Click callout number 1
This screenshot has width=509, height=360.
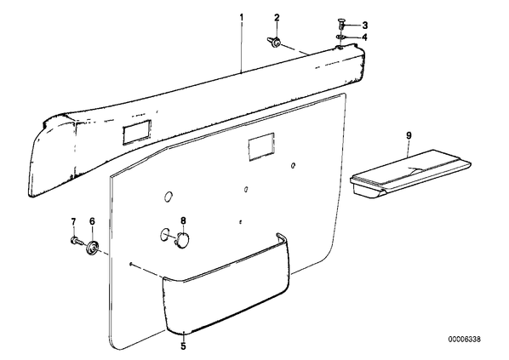pos(241,16)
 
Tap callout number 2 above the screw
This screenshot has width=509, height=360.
pos(277,18)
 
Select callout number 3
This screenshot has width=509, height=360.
pos(364,25)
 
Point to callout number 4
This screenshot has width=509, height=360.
pos(364,37)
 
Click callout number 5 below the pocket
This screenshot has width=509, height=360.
pos(183,346)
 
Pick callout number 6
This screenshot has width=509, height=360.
pos(92,221)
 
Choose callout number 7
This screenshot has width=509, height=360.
pos(73,221)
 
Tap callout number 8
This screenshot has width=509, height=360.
pos(183,221)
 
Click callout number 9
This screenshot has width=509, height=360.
pos(409,135)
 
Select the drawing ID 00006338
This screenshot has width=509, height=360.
pos(465,340)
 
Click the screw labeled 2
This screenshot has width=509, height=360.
pos(274,43)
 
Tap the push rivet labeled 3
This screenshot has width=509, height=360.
pos(341,24)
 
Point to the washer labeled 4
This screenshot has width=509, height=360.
pos(340,37)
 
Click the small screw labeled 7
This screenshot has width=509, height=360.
pos(75,241)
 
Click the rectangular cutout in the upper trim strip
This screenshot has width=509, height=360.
pos(137,132)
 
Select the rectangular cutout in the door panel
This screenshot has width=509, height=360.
pos(261,147)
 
